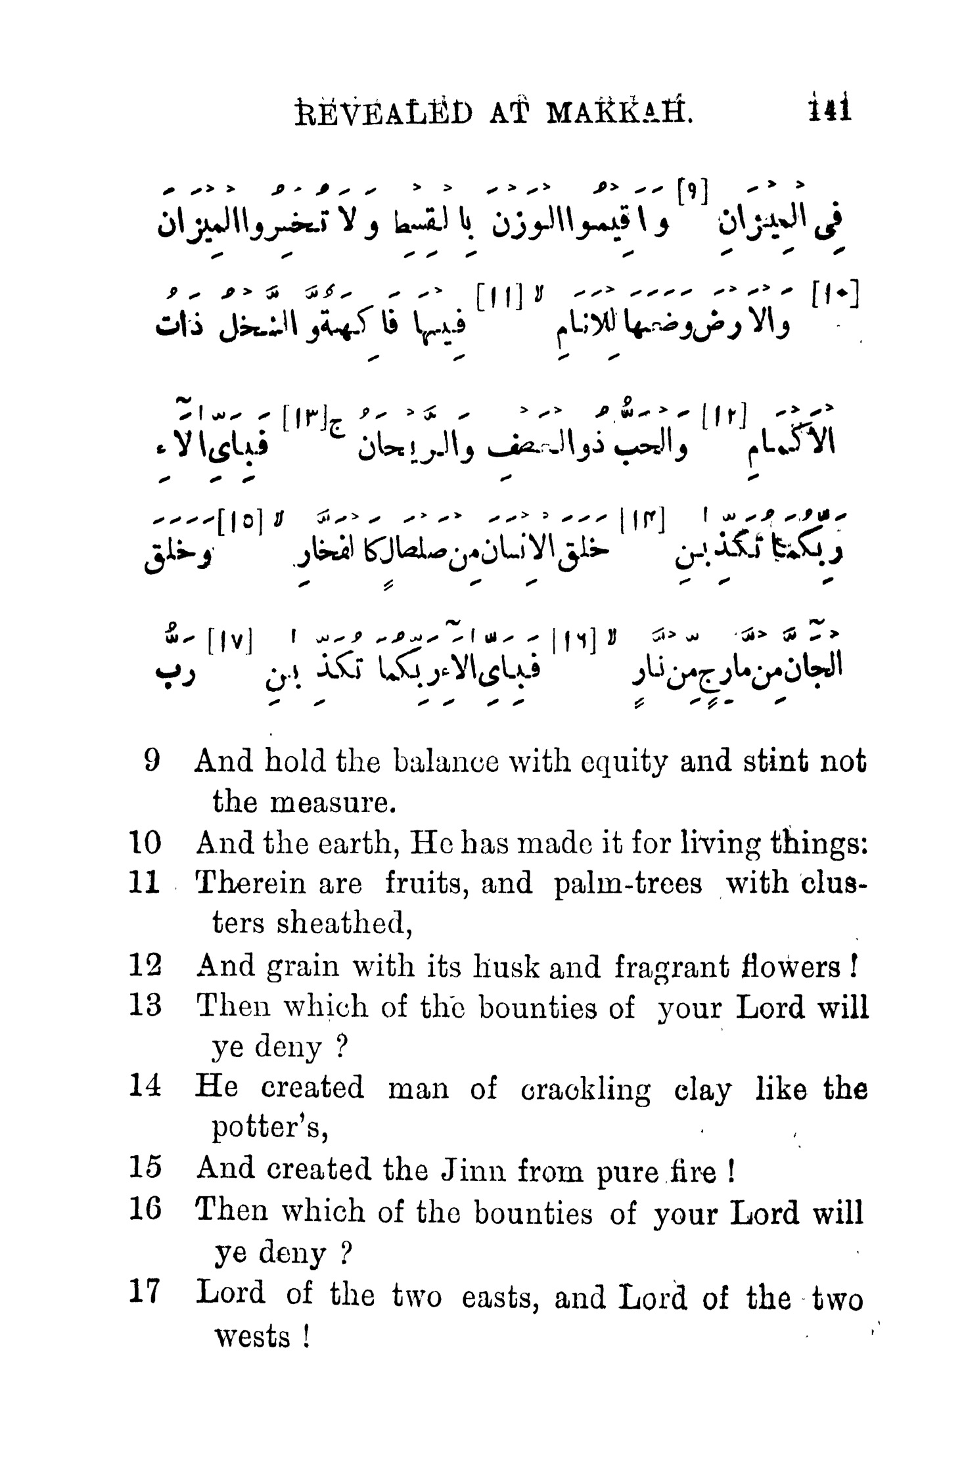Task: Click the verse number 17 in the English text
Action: pyautogui.click(x=145, y=1293)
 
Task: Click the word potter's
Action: pyautogui.click(x=269, y=1129)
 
